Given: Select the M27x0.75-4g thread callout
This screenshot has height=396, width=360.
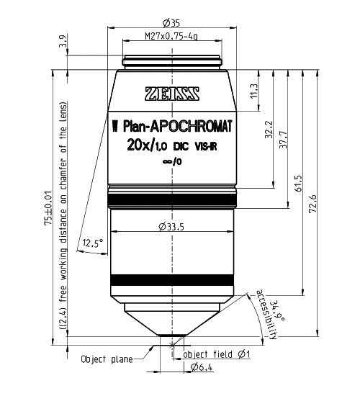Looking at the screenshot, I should [172, 35].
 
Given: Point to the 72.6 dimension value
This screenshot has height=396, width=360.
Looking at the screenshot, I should [313, 204].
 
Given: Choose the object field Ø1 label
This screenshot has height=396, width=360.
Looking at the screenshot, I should [217, 355].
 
